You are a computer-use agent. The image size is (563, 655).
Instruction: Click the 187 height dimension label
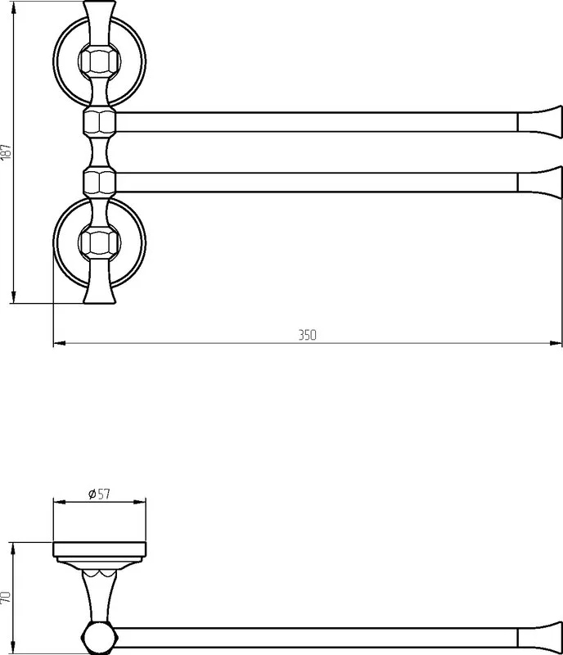6,151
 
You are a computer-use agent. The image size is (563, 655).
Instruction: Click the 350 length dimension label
308,335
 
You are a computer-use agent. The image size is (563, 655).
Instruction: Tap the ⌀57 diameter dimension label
99,494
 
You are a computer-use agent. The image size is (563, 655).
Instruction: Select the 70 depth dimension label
6,597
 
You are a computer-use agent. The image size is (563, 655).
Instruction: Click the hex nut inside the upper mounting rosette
99,61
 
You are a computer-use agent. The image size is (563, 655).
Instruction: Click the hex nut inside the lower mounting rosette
99,242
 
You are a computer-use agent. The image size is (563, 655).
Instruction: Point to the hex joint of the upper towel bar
99,122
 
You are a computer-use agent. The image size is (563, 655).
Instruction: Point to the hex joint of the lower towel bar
99,182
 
